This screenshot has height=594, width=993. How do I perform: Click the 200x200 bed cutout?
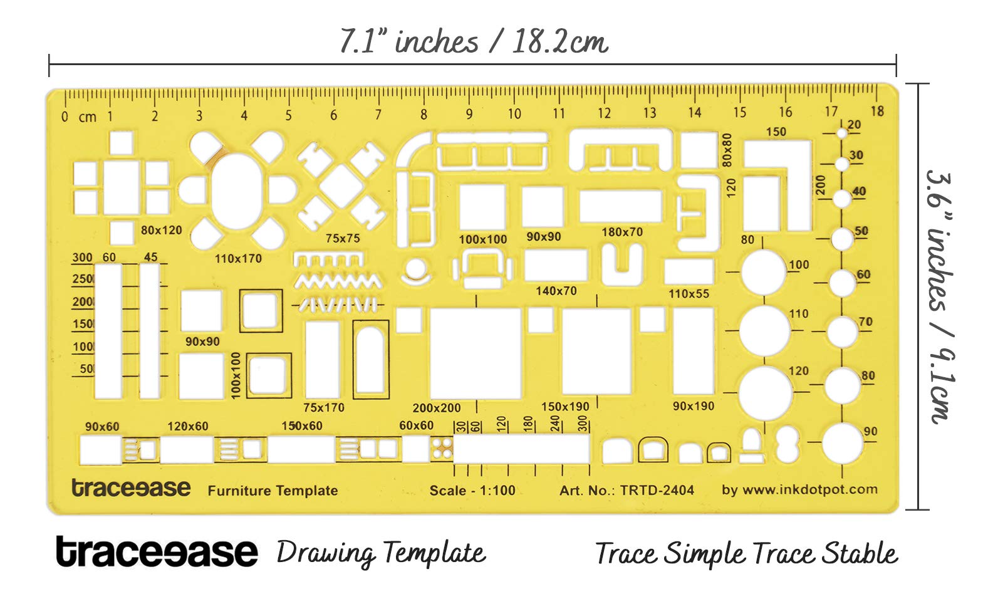tap(476, 353)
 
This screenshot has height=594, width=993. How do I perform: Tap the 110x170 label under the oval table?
tap(239, 258)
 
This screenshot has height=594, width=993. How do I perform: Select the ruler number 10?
tap(514, 114)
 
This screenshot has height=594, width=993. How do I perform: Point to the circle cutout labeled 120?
tap(766, 393)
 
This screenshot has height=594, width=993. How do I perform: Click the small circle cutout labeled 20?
tap(842, 133)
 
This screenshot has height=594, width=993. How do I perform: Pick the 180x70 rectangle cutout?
tap(620, 206)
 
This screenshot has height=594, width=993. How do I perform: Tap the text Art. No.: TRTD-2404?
tap(627, 490)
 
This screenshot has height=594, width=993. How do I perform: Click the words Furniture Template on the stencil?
tap(273, 491)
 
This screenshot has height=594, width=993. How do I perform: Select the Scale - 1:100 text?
tap(472, 490)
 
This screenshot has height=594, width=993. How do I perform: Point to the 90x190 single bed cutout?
tap(694, 351)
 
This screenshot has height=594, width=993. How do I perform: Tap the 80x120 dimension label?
tap(162, 230)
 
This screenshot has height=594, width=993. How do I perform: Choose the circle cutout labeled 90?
tap(843, 443)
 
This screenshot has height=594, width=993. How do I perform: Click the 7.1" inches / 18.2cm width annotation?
tap(474, 41)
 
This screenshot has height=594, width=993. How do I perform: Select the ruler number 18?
tap(877, 111)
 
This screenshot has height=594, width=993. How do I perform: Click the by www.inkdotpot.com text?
tap(799, 489)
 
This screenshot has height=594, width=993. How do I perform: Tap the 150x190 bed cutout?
tap(596, 351)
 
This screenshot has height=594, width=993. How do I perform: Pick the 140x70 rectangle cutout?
tap(556, 265)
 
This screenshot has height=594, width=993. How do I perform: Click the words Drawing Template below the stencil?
tap(382, 554)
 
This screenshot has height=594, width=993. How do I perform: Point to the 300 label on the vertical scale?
tap(83, 257)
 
